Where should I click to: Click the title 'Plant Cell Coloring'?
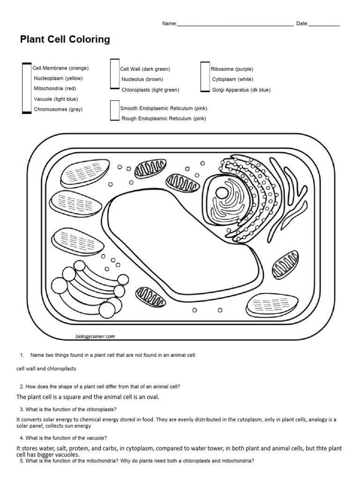[x=65, y=40]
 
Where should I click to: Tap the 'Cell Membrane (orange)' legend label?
[x=60, y=68]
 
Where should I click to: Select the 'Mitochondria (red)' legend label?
[x=55, y=89]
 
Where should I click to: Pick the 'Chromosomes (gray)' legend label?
[x=58, y=109]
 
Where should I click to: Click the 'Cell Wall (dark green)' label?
[x=145, y=69]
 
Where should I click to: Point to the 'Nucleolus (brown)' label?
[x=142, y=79]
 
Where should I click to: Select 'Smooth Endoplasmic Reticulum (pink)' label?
[x=164, y=108]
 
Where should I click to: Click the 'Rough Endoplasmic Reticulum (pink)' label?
[x=164, y=119]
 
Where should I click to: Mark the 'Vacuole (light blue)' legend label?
[x=56, y=99]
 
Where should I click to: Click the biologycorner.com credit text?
[x=95, y=336]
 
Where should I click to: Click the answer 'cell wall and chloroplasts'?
[x=46, y=368]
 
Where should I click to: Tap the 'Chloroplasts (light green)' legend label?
[x=150, y=90]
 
